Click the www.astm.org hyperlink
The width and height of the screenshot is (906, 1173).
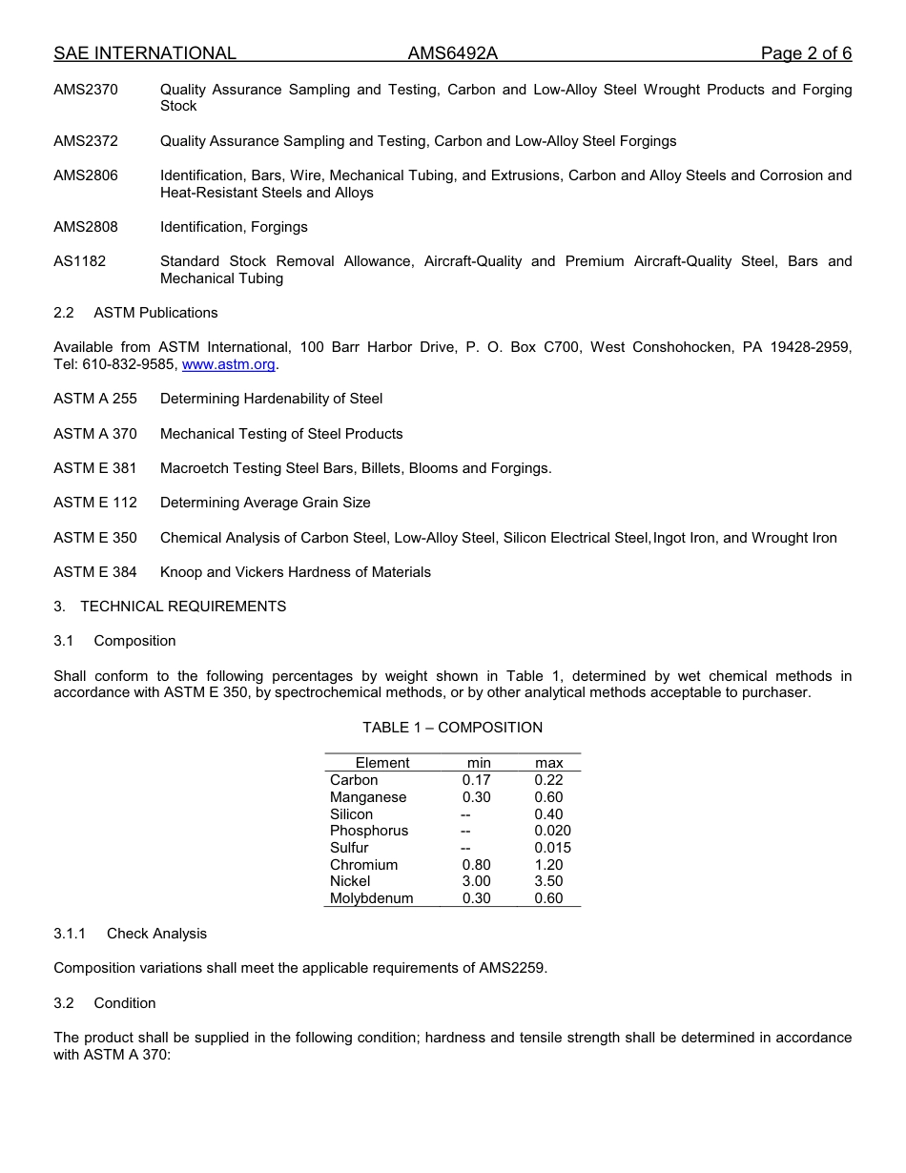(x=228, y=364)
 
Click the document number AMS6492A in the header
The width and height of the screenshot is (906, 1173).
(x=452, y=53)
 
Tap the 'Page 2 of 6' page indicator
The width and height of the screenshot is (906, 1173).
(x=806, y=53)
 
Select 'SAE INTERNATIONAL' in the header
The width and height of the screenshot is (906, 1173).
(x=145, y=53)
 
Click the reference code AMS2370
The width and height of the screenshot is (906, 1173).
(x=86, y=90)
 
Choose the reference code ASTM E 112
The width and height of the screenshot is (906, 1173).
(x=95, y=503)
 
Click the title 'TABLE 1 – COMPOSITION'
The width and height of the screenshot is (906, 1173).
(x=452, y=728)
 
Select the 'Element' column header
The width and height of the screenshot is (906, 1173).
(x=381, y=763)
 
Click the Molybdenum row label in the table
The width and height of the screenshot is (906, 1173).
(x=371, y=898)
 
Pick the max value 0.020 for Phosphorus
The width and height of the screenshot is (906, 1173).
(x=552, y=831)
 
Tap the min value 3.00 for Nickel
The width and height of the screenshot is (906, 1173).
(x=476, y=881)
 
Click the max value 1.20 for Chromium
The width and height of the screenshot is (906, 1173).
(x=548, y=865)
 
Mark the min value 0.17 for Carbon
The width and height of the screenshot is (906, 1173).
(x=476, y=780)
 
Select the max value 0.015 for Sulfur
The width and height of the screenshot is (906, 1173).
(x=552, y=848)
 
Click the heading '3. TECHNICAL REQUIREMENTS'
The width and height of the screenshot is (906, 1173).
(x=170, y=607)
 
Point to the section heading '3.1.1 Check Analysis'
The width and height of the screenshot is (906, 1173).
(x=130, y=934)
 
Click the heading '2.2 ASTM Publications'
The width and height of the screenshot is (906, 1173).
(x=135, y=313)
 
